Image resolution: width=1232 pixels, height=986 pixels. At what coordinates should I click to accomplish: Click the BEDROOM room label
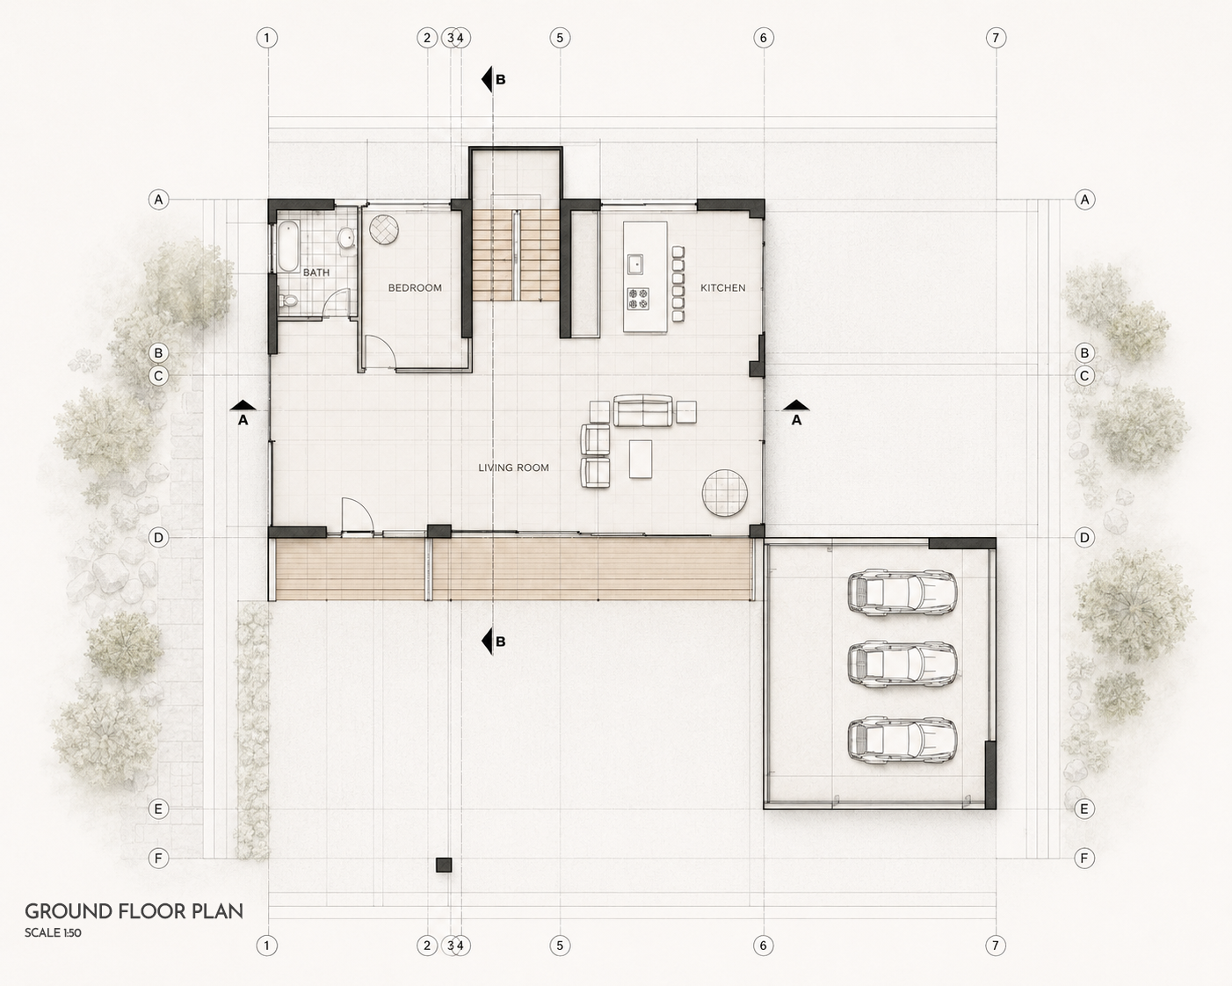point(415,287)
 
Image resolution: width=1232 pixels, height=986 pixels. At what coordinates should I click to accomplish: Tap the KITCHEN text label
point(723,287)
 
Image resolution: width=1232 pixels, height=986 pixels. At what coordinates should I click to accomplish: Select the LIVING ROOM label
point(513,468)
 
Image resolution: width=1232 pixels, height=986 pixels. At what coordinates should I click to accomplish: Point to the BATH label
point(316,272)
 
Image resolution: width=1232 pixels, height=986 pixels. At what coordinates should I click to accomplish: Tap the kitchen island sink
point(634,264)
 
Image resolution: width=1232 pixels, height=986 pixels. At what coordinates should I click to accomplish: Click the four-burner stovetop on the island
point(638,299)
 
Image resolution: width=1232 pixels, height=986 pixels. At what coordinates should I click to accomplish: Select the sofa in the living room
point(643,410)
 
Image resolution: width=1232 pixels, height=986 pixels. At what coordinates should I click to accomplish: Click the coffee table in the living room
point(641,459)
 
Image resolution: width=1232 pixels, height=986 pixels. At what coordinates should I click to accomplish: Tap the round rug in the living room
point(725,492)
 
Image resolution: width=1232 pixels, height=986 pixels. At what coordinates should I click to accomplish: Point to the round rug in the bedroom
point(383,229)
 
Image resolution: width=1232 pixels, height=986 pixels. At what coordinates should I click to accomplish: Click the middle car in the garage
point(902,663)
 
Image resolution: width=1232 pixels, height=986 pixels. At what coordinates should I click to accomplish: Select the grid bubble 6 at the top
point(763,38)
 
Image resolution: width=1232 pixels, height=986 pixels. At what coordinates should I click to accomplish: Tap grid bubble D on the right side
point(1084,538)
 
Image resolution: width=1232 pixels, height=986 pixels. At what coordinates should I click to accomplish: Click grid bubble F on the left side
point(158,859)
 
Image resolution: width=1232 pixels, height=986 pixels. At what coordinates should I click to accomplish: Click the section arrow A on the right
point(796,412)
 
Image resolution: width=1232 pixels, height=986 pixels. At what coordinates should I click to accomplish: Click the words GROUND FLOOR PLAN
point(134,911)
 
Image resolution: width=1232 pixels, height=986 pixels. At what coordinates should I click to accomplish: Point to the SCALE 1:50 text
point(53,932)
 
